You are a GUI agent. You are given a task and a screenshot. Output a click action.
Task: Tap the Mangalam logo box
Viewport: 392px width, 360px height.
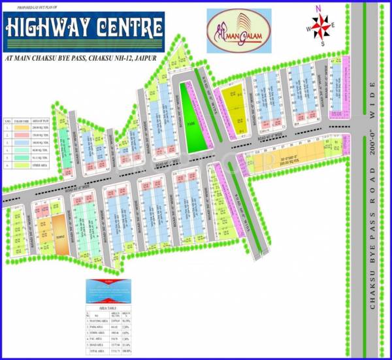[x=236, y=30]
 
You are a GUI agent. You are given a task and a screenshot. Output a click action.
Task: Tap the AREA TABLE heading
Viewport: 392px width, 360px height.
[x=107, y=306]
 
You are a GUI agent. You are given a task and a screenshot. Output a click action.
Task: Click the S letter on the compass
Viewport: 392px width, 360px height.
[x=322, y=44]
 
